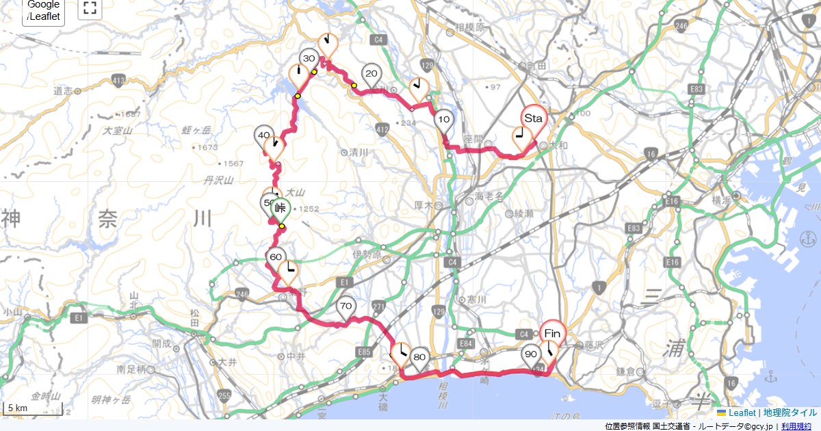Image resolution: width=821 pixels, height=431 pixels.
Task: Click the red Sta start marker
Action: [533, 119]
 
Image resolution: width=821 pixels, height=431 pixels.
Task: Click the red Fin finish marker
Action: [553, 333]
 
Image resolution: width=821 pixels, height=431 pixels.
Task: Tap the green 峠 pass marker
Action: [280, 209]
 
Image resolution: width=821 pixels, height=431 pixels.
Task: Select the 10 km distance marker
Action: [444, 120]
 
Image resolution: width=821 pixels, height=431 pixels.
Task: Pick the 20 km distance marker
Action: [372, 74]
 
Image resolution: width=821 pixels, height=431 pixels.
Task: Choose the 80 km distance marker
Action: [420, 357]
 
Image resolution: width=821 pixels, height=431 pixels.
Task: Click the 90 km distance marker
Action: [530, 355]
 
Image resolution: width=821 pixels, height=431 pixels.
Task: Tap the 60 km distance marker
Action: [276, 257]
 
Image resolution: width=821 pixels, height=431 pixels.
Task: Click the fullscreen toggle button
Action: [90, 8]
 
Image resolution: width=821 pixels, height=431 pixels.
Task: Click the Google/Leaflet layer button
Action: [44, 10]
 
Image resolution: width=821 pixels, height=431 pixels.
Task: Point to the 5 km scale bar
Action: [33, 410]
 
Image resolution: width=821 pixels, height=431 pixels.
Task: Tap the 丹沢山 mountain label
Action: [220, 181]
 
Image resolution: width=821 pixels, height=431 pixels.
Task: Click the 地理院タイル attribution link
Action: [790, 413]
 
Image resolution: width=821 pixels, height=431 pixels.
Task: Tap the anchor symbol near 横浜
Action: [809, 239]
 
